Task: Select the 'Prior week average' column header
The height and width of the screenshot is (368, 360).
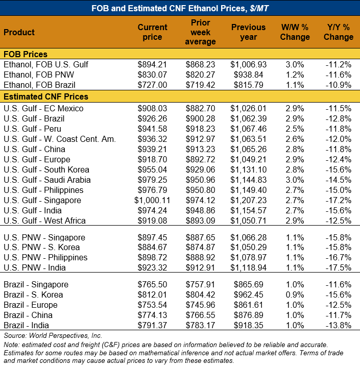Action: (201, 32)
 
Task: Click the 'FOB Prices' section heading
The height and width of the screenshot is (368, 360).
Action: (26, 54)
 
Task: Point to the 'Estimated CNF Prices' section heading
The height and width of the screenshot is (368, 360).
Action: (46, 96)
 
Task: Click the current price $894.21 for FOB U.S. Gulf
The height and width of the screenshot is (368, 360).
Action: (152, 64)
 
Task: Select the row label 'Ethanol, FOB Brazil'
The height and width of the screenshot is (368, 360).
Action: (39, 85)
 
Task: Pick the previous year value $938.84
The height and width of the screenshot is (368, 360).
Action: (248, 75)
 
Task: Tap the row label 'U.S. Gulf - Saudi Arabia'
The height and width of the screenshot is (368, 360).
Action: (47, 180)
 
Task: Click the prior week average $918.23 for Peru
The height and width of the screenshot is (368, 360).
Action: (201, 129)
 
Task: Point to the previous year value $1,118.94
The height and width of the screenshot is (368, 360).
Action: (248, 267)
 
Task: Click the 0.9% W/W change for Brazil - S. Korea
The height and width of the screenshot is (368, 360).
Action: (295, 295)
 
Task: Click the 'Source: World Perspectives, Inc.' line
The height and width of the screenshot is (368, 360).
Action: (53, 335)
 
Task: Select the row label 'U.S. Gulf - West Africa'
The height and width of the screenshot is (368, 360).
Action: (44, 220)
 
